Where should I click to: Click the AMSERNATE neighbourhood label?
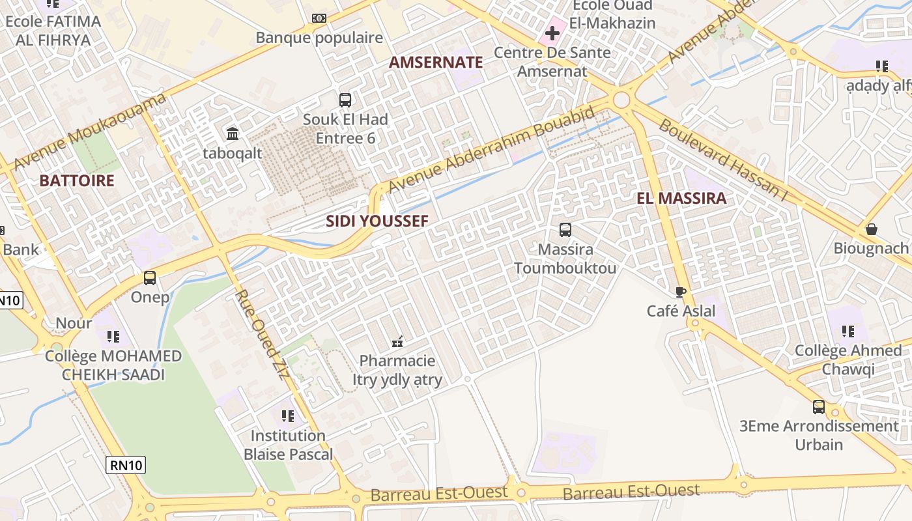436,63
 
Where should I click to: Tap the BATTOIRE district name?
77,180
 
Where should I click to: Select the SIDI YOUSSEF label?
377,221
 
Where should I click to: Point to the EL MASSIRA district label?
681,199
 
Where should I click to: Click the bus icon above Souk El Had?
345,100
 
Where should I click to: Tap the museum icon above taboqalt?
232,134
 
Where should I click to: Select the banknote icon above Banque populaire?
319,18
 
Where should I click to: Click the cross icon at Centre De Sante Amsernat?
552,33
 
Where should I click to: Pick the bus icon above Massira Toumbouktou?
565,229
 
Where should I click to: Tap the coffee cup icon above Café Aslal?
681,292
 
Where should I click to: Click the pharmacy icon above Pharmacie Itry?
397,341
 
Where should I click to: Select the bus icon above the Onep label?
150,278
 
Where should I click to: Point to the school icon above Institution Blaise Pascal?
288,415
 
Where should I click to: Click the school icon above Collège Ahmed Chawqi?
848,331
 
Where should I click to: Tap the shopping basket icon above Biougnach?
871,229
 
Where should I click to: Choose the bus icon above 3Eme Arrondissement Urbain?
819,407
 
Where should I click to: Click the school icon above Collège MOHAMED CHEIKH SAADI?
113,336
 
